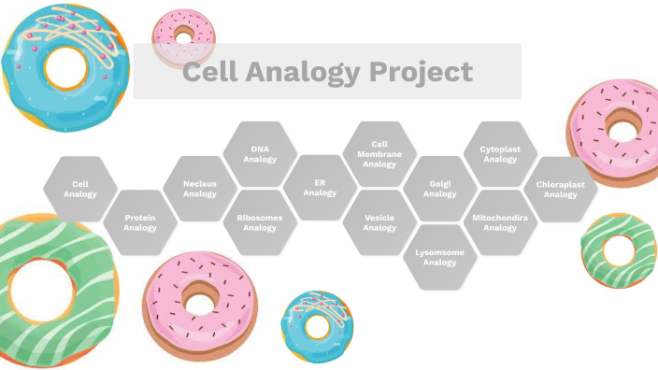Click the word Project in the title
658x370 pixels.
pos(424,72)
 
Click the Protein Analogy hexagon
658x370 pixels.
pos(140,222)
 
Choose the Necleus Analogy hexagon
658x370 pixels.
pos(200,189)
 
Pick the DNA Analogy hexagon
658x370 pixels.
pos(260,154)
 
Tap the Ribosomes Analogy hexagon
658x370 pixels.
pos(260,222)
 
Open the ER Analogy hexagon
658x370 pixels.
pos(320,189)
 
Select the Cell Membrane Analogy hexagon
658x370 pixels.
pos(379,154)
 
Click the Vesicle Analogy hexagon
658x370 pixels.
pos(379,222)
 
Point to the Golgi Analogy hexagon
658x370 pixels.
pos(440,189)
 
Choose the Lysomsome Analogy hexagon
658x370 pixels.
pos(440,257)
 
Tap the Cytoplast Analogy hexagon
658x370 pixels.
pos(500,154)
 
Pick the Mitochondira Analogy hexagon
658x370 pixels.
pos(500,222)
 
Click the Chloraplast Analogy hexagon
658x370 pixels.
pos(561,189)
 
